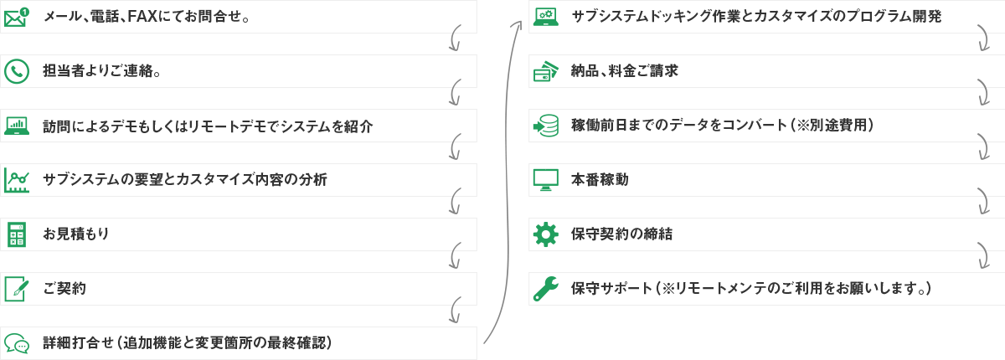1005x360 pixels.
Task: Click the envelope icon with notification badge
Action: coord(17,18)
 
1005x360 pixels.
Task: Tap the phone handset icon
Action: coord(17,71)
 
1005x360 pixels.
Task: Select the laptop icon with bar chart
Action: coord(17,126)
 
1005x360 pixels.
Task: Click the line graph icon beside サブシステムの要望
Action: coord(17,180)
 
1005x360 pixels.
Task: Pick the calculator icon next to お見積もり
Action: coord(17,234)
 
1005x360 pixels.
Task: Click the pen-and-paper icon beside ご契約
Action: coord(17,289)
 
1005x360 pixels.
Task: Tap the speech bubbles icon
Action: coord(17,343)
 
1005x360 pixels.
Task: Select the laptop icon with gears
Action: coord(545,17)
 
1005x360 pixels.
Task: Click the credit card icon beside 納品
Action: coord(545,71)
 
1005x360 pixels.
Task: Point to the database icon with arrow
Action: coord(545,126)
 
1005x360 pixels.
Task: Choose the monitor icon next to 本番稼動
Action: coord(545,180)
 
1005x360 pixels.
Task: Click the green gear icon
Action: coord(545,234)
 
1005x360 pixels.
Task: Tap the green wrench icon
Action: coord(545,289)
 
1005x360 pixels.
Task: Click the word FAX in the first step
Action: coord(142,17)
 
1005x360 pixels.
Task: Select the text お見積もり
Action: coord(76,234)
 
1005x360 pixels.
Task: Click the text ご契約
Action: coord(64,288)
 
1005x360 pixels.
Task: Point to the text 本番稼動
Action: coord(600,180)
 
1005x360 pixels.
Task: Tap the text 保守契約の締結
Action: coord(621,234)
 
